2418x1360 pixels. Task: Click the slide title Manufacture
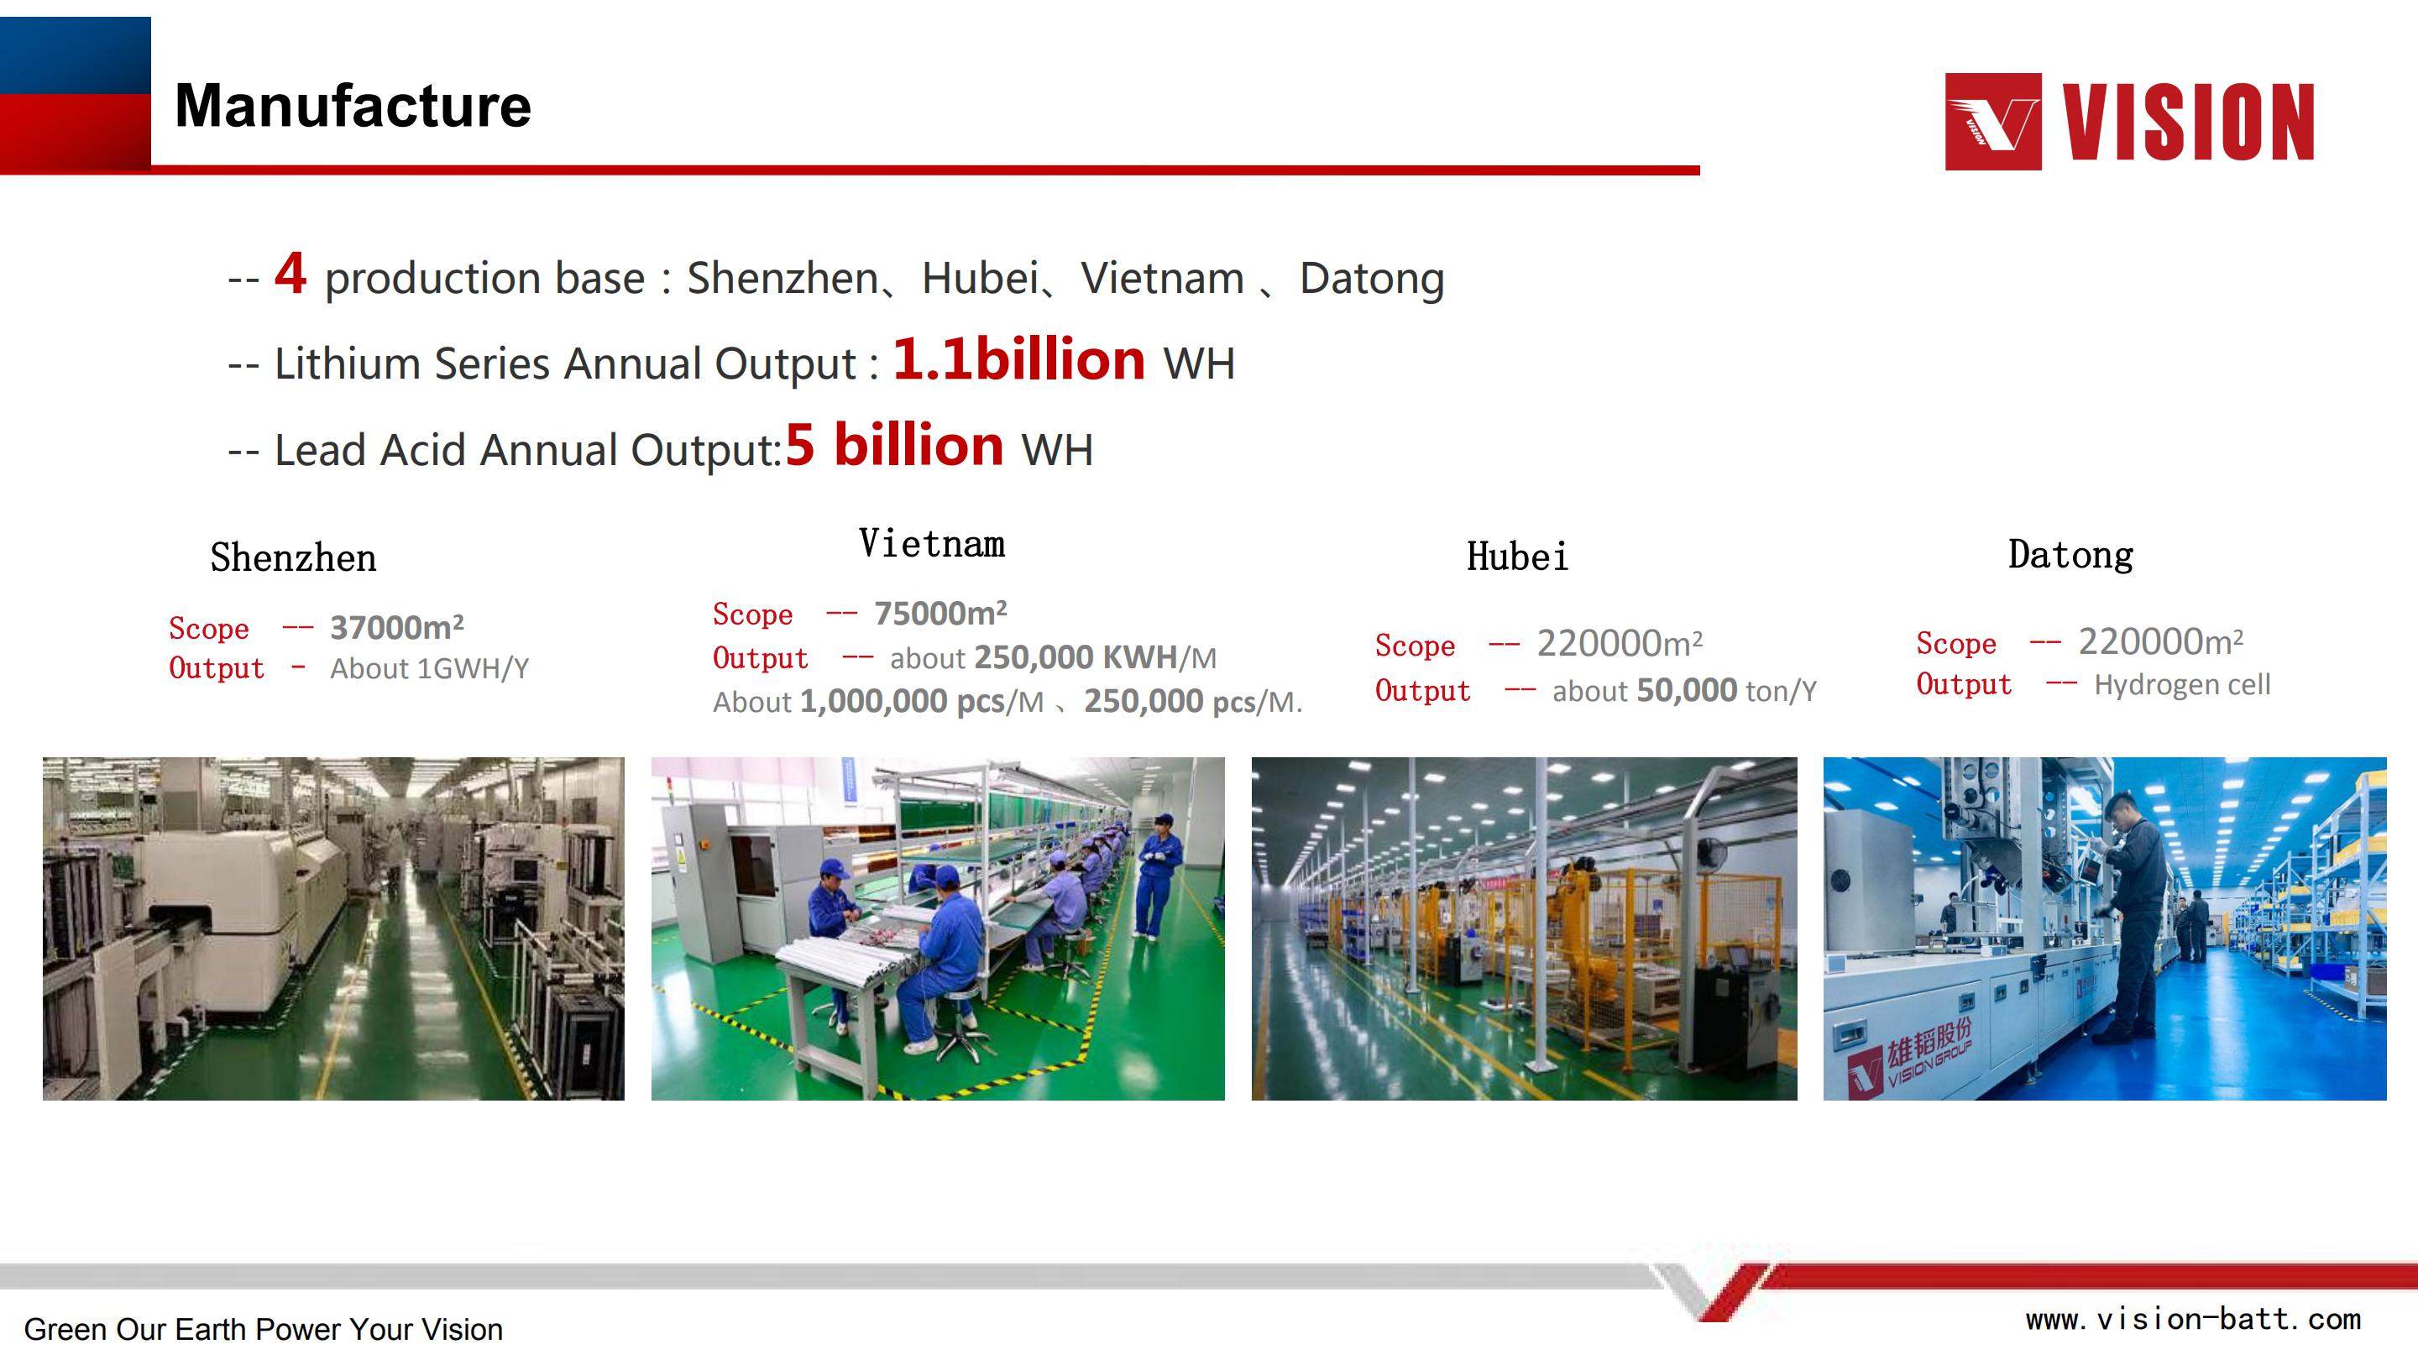click(353, 105)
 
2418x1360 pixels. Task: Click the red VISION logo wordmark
click(2187, 122)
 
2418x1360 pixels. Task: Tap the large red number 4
click(290, 273)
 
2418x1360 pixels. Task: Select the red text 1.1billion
click(1018, 359)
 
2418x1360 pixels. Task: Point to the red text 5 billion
click(894, 445)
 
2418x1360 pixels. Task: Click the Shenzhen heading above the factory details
click(293, 557)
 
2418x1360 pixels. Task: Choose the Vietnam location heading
click(932, 543)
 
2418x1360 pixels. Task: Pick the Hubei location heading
click(1517, 557)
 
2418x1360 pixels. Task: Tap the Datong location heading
click(2070, 555)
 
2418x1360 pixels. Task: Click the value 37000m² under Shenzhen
click(397, 627)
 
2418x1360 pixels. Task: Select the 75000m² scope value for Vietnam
click(940, 613)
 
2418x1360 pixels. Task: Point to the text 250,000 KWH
click(1076, 657)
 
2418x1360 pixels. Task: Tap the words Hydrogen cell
click(2182, 684)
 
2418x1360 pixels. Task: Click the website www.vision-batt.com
click(2193, 1320)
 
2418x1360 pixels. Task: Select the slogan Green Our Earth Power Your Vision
click(264, 1329)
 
